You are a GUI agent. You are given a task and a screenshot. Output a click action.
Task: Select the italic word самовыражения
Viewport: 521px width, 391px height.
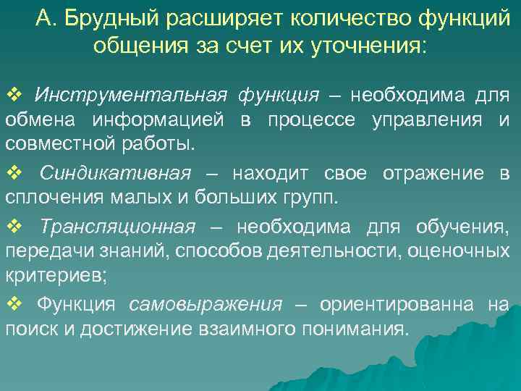click(x=206, y=304)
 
